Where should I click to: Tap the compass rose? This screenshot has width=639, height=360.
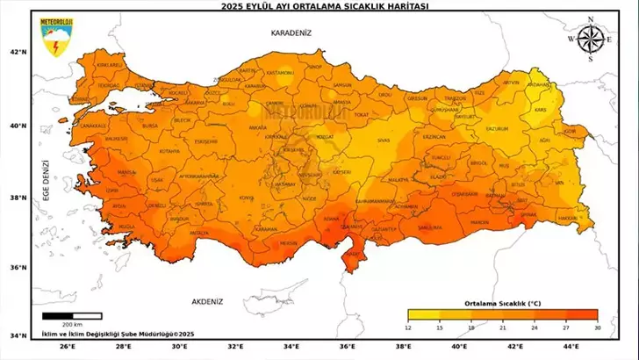[x=590, y=38]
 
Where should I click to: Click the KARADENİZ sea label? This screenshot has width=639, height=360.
[x=291, y=32]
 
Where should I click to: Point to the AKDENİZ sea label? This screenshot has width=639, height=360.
[x=205, y=301]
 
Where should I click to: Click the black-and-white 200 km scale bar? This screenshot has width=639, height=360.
[x=72, y=315]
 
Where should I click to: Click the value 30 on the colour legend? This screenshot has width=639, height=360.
[x=597, y=327]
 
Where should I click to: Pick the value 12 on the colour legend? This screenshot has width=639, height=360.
[x=408, y=327]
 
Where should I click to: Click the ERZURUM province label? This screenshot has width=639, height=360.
[x=498, y=128]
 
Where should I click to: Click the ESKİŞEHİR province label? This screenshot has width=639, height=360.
[x=205, y=140]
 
